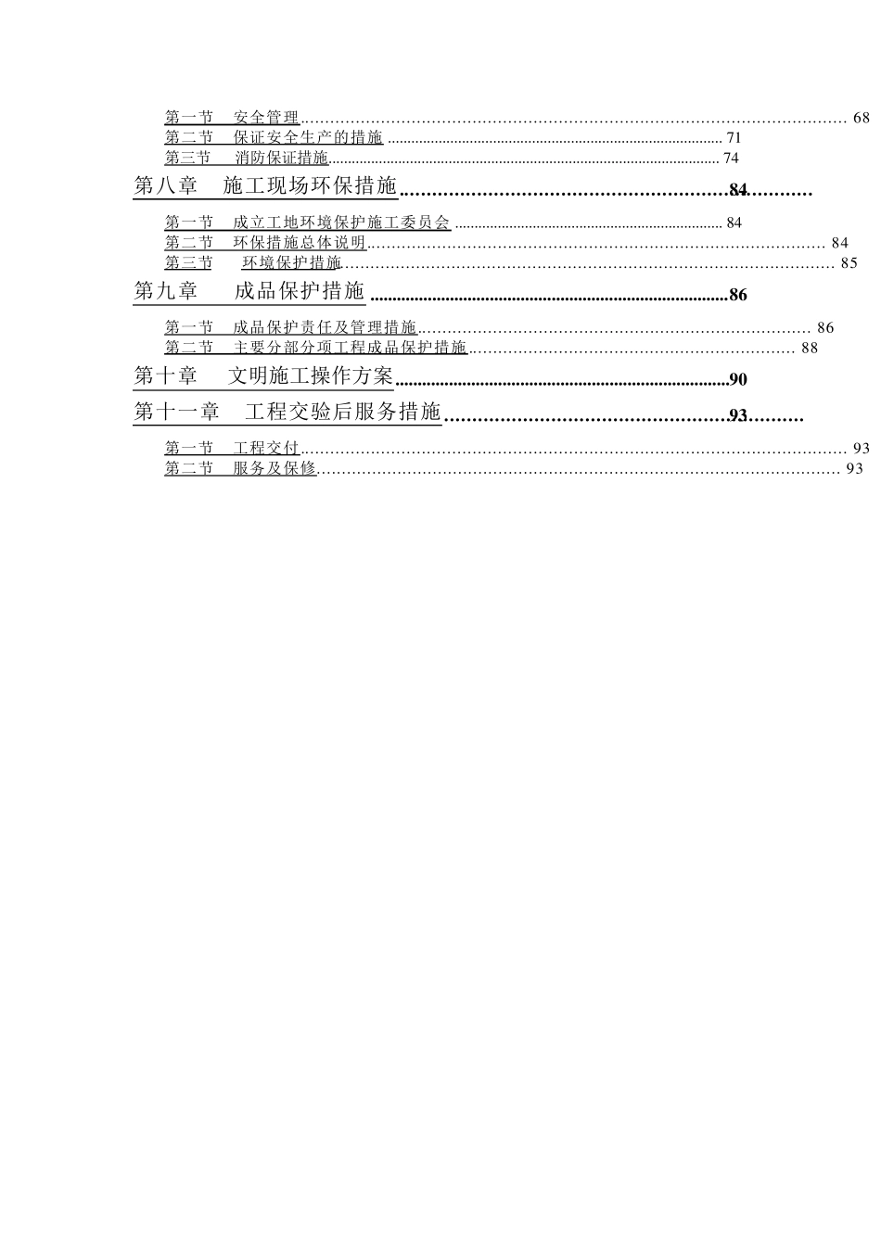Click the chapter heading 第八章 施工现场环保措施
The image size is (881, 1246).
265,185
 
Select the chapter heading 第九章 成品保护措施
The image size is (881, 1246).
249,291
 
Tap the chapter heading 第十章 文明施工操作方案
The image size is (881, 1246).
263,376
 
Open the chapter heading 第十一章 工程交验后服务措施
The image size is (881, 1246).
287,412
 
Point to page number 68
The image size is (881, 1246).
862,118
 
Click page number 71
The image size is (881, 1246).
734,138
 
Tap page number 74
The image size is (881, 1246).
731,159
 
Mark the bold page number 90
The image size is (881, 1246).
738,379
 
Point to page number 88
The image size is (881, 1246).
810,349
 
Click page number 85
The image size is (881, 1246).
849,263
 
